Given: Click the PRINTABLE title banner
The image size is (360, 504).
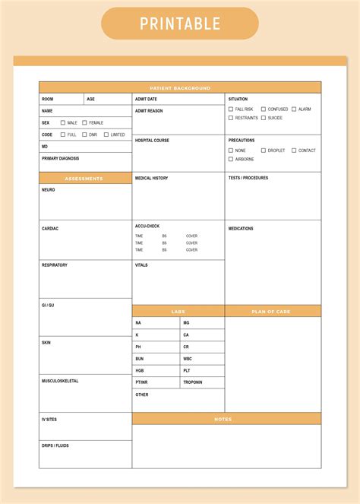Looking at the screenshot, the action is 179,24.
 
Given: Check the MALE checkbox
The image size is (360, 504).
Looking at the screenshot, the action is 62,122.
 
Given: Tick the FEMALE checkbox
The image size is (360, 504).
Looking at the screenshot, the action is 84,122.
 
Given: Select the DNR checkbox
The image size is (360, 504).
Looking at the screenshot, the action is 84,135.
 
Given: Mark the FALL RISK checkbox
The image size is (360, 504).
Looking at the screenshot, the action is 231,109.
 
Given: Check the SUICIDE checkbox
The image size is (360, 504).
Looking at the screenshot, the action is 264,118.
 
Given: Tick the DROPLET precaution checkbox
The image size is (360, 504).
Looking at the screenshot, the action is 264,151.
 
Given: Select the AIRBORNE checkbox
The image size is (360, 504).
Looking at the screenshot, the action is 231,160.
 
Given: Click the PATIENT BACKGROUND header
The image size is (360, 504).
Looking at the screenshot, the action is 179,87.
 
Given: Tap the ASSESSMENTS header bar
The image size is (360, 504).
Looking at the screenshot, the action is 85,179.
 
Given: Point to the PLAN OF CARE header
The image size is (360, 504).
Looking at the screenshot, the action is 272,311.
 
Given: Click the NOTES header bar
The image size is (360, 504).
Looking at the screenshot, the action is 226,419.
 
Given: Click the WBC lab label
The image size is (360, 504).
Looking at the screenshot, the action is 188,359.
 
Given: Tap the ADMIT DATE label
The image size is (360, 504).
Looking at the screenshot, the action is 146,100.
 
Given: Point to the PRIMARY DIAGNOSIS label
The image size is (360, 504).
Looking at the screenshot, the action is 60,159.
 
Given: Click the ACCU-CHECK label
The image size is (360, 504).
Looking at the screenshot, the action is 147,226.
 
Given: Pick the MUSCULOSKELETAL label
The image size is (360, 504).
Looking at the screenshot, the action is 59,381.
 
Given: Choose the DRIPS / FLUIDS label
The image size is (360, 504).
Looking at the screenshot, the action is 55,445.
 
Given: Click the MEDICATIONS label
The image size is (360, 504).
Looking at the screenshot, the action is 241,228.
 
